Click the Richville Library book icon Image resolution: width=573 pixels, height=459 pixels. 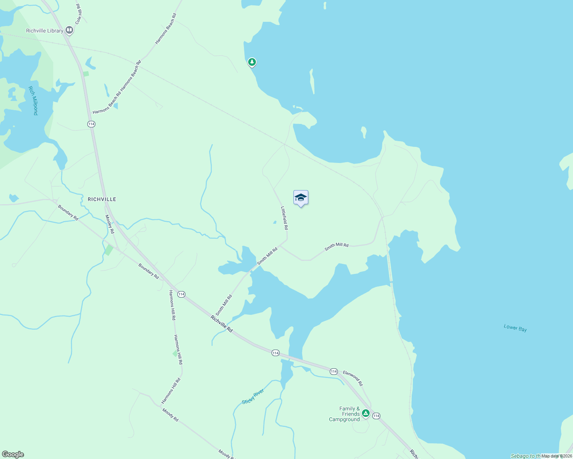tap(69, 30)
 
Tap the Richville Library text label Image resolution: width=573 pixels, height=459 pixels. tap(44, 31)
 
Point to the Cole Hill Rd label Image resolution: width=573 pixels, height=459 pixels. tap(79, 14)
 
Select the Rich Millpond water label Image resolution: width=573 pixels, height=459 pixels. tap(33, 100)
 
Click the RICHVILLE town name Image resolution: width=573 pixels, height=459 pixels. tap(102, 199)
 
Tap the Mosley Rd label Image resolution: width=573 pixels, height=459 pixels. tap(110, 224)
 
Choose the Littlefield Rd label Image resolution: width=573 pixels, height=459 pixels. tap(284, 218)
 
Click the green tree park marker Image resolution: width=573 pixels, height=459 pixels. tap(252, 62)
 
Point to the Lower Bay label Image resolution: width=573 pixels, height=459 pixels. tap(515, 328)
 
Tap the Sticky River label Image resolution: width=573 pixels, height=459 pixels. tap(253, 396)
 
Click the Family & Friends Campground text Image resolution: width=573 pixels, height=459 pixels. tap(345, 414)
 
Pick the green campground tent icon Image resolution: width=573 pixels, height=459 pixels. tap(366, 413)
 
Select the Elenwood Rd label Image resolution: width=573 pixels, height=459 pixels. tap(352, 378)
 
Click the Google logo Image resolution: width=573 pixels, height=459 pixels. tap(13, 454)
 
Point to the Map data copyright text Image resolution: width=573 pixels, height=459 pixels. tap(557, 456)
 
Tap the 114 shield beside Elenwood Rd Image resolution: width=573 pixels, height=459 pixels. tap(334, 371)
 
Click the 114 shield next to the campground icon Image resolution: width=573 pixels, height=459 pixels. tap(376, 416)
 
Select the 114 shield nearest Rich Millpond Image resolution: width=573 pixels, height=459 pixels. tap(91, 124)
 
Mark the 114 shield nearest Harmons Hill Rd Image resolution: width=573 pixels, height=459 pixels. tap(181, 294)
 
